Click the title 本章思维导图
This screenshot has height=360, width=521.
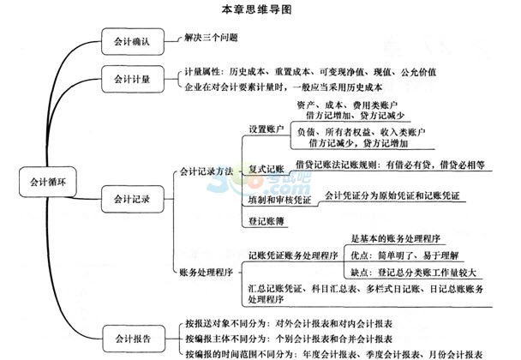[x=256, y=9]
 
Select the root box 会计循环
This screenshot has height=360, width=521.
[x=48, y=182]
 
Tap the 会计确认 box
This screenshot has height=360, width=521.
[x=133, y=41]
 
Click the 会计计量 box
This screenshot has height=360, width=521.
[x=133, y=79]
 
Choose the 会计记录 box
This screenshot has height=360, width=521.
[x=133, y=199]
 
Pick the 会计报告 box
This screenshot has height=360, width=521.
[x=134, y=339]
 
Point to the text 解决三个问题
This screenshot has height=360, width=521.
[x=212, y=38]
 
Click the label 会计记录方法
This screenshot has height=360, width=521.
[x=207, y=171]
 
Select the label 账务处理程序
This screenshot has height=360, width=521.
[x=207, y=273]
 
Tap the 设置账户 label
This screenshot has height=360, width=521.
[x=266, y=129]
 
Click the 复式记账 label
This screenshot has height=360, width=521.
[x=266, y=169]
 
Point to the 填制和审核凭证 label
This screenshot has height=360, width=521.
[x=279, y=200]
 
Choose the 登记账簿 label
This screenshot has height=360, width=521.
[x=266, y=221]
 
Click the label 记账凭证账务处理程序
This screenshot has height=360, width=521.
[x=293, y=255]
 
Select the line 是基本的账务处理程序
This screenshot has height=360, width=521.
[x=396, y=238]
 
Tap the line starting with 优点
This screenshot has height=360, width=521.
[x=404, y=255]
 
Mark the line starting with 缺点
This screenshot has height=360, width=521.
[x=414, y=273]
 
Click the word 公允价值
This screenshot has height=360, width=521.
[x=418, y=72]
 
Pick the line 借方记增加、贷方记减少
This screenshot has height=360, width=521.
[x=356, y=116]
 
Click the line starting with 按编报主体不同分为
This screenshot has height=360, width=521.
[x=289, y=339]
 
